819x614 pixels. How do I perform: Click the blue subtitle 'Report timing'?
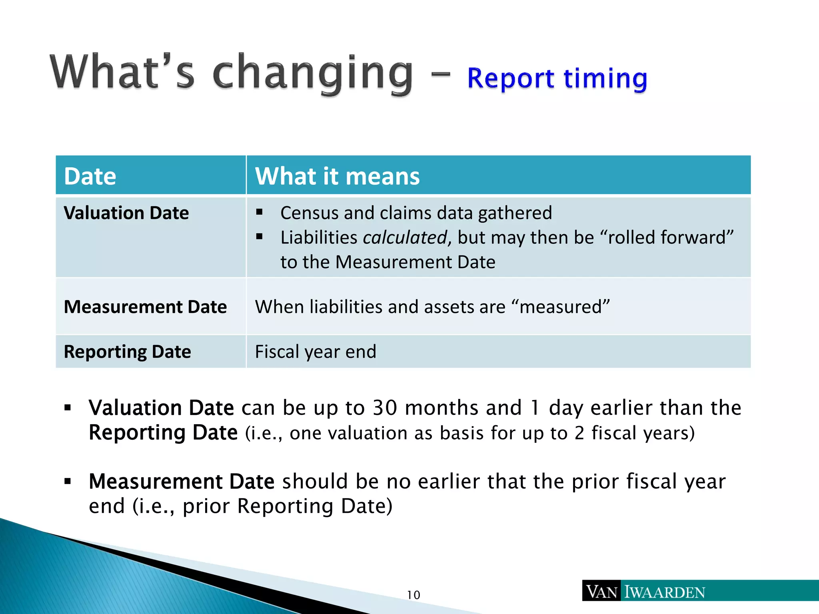coord(557,78)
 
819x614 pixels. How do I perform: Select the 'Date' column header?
coord(90,176)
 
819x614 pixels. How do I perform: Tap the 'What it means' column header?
coord(337,176)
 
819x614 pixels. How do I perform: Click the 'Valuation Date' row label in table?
coord(126,213)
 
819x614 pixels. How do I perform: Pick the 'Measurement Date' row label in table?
coord(145,307)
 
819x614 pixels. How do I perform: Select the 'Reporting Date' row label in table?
coord(127,352)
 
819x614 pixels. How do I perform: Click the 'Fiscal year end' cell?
coord(316,352)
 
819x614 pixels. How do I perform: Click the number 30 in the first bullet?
coord(384,408)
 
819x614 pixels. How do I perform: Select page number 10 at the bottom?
coord(413,595)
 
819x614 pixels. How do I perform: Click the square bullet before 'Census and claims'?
coord(259,212)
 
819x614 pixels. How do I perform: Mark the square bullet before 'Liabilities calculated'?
coord(259,237)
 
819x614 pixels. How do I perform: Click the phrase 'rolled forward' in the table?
coord(667,237)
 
